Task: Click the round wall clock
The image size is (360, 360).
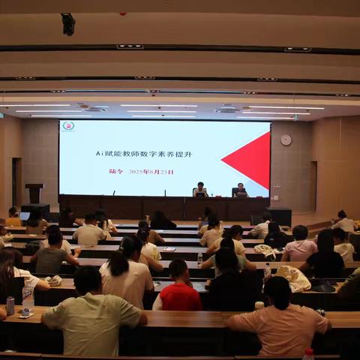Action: [286, 140]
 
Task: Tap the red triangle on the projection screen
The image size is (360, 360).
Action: [250, 160]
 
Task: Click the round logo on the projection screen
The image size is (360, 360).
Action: [68, 126]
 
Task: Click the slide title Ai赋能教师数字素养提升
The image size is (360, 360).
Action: [144, 154]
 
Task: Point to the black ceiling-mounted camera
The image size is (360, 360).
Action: [68, 24]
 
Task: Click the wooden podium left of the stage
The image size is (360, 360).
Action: [34, 193]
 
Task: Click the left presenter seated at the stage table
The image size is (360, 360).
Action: [200, 190]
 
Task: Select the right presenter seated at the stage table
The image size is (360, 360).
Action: [240, 190]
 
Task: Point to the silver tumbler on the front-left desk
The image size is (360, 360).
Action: [10, 305]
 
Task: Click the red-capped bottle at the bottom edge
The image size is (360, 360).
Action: [308, 353]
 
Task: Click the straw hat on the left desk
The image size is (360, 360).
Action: [53, 280]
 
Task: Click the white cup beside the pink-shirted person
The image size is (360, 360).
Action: [259, 305]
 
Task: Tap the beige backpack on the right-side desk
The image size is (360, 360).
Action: [293, 278]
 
